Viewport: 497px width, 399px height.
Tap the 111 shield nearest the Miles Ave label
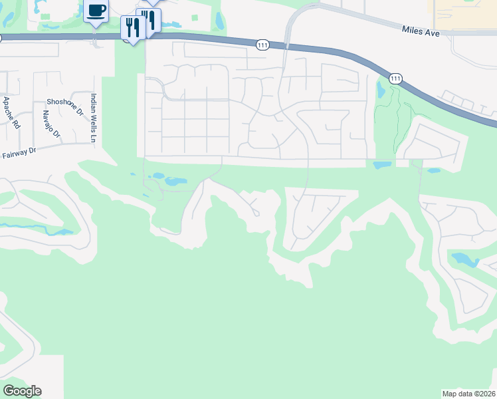point(395,78)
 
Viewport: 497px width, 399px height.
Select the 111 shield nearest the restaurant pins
point(263,44)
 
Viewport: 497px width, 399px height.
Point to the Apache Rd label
point(11,112)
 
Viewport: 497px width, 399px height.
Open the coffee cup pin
point(96,11)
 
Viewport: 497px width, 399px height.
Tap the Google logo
point(22,391)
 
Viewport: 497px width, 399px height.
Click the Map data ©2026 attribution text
point(468,393)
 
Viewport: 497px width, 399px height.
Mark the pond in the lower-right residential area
point(464,259)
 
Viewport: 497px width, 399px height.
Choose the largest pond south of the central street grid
point(175,181)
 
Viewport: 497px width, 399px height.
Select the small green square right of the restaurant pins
point(195,19)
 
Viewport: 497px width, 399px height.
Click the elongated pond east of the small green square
point(219,21)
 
